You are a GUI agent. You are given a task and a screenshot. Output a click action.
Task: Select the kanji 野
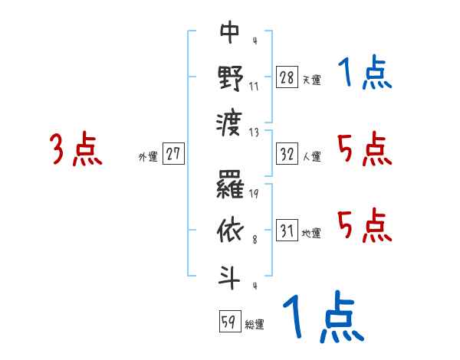tap(231, 77)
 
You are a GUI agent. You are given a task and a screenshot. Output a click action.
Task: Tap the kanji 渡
tap(231, 121)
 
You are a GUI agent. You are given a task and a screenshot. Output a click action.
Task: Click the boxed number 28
tap(287, 77)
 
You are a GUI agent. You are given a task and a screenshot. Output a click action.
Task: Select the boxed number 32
tap(287, 154)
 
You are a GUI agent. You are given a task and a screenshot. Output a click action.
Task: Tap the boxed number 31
tap(287, 230)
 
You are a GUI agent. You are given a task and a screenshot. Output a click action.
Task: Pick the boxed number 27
tap(173, 154)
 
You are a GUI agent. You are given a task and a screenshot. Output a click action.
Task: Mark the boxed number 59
tap(228, 321)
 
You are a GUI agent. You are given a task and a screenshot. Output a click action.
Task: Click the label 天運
tap(311, 80)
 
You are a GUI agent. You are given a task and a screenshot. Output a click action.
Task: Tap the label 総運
tap(254, 324)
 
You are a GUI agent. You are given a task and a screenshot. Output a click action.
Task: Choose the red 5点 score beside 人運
tap(364, 149)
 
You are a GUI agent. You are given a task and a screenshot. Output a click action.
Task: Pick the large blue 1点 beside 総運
tap(322, 318)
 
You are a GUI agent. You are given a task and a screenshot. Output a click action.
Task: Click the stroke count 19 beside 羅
tap(254, 194)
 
